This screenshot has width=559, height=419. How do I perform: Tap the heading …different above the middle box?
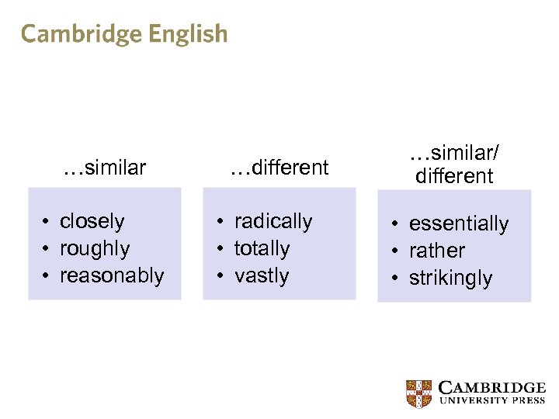click(x=279, y=167)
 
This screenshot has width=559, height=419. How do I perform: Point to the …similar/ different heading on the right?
click(x=454, y=165)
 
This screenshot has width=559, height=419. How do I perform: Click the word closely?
click(x=92, y=221)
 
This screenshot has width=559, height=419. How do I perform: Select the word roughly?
click(x=95, y=248)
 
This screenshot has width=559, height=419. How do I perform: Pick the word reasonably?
click(x=112, y=275)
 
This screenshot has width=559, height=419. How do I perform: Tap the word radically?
click(x=273, y=221)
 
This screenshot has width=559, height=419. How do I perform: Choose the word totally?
click(x=262, y=248)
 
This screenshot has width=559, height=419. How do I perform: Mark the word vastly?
click(x=261, y=275)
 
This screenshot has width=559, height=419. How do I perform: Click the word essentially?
click(x=458, y=223)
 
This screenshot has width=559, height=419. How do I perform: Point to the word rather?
click(x=436, y=251)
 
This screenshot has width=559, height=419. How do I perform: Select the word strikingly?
click(x=450, y=278)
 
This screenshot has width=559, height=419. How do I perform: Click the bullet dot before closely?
click(x=47, y=222)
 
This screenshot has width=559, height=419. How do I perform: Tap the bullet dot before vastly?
click(x=221, y=276)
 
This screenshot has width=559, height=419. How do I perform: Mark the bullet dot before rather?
click(x=396, y=251)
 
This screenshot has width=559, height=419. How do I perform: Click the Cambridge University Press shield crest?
click(x=419, y=393)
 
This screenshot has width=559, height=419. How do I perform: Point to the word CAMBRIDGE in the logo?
click(x=492, y=387)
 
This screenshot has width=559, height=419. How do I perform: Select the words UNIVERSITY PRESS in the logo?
click(x=492, y=401)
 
